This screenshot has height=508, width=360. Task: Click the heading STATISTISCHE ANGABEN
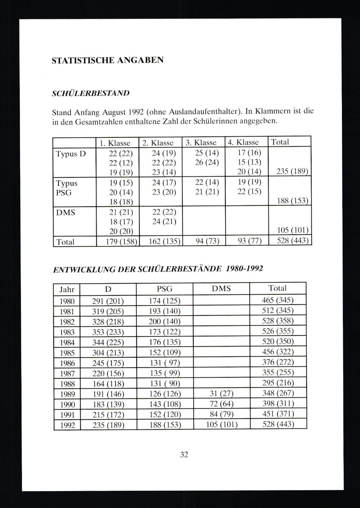pyautogui.click(x=108, y=60)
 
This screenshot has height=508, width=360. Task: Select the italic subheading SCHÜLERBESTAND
pyautogui.click(x=91, y=93)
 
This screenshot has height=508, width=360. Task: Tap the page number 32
pyautogui.click(x=184, y=455)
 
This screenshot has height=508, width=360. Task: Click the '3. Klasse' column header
pyautogui.click(x=201, y=142)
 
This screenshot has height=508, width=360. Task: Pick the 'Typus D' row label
pyautogui.click(x=71, y=154)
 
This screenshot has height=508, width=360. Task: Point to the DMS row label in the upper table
pyautogui.click(x=66, y=213)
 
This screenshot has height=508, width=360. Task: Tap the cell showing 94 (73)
pyautogui.click(x=207, y=241)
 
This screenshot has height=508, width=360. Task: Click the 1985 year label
pyautogui.click(x=67, y=353)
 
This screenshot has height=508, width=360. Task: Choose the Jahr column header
pyautogui.click(x=67, y=289)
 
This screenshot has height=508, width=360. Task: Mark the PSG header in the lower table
pyautogui.click(x=165, y=289)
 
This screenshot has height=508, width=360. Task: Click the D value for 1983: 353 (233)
pyautogui.click(x=108, y=331)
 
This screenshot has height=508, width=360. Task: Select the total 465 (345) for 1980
pyautogui.click(x=278, y=300)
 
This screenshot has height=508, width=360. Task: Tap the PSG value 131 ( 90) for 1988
pyautogui.click(x=165, y=383)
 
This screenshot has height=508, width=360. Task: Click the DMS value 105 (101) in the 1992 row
pyautogui.click(x=221, y=424)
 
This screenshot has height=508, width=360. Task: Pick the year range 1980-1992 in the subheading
pyautogui.click(x=244, y=269)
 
